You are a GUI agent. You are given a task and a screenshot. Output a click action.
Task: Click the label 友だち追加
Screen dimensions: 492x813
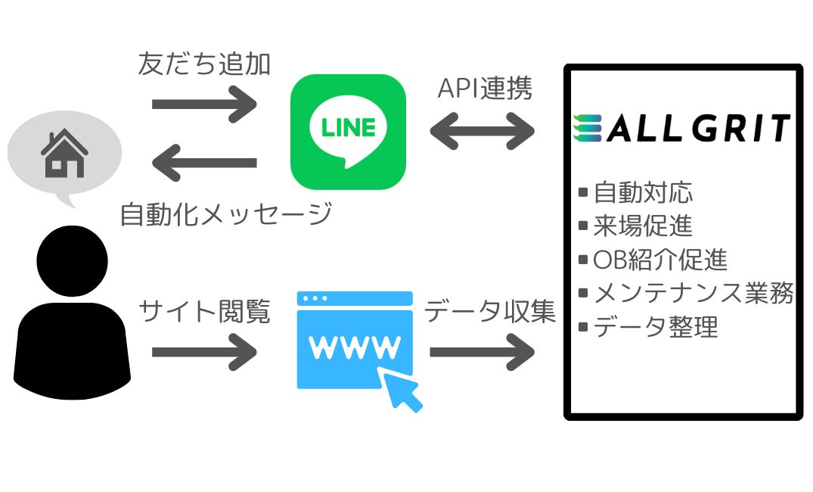tap(204, 64)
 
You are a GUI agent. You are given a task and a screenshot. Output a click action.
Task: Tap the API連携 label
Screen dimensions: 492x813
tap(485, 89)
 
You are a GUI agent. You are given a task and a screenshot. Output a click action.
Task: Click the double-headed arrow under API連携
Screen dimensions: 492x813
tap(483, 131)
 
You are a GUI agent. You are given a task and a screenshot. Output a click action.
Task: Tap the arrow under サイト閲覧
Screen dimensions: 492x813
tap(204, 352)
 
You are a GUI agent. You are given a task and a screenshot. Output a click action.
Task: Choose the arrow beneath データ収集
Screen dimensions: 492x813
tap(483, 352)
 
